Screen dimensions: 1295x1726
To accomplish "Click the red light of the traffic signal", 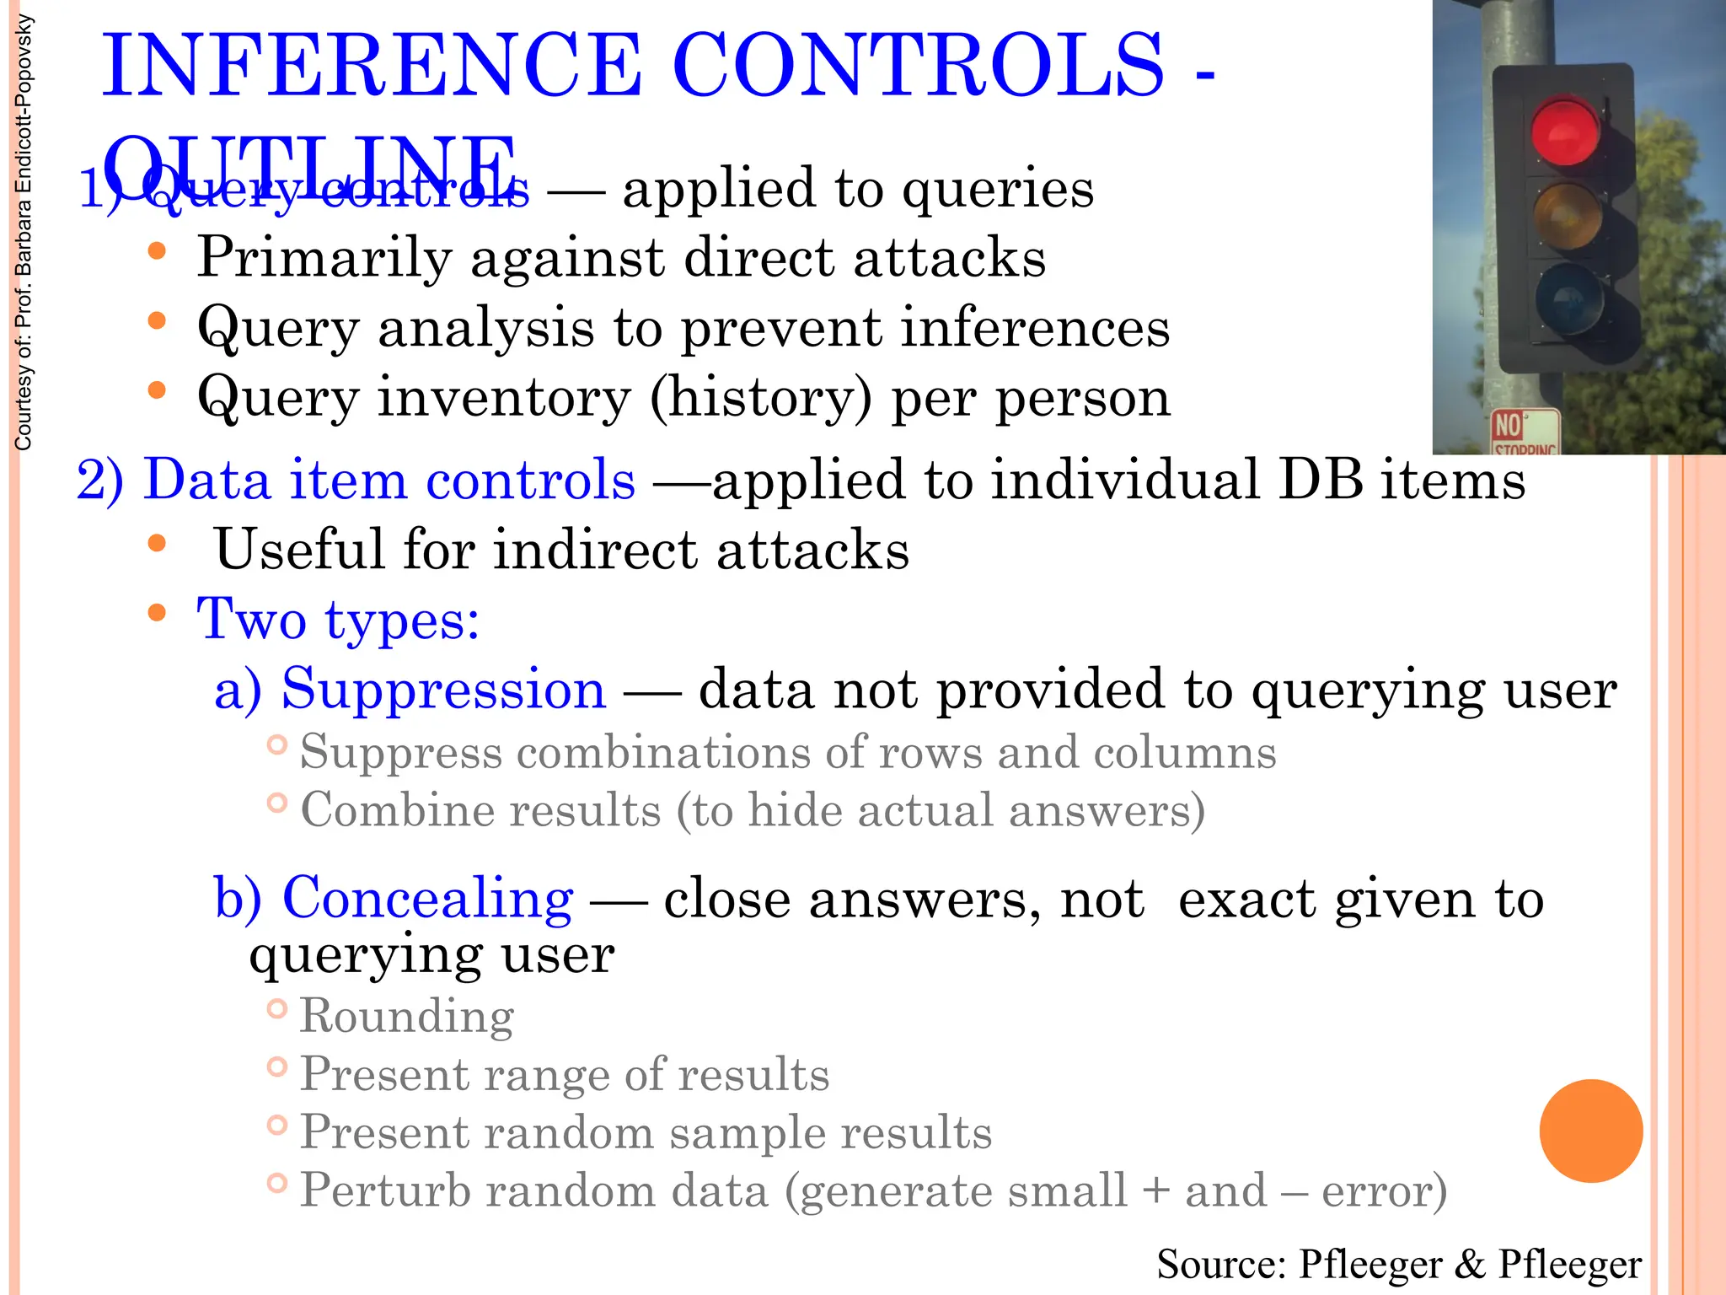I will coord(1565,132).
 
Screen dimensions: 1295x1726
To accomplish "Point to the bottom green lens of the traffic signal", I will coord(1568,299).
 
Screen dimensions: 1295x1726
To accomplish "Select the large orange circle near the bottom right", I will coord(1590,1131).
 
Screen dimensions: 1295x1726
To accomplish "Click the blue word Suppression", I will coord(443,689).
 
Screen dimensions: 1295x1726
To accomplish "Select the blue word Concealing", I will coord(427,898).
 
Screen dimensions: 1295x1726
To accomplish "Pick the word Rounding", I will coord(407,1016).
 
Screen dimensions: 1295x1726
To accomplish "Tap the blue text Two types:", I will coord(338,620).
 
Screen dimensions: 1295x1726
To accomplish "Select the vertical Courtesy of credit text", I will coord(24,232).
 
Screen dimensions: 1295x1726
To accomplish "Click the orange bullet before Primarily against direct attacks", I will coord(157,251).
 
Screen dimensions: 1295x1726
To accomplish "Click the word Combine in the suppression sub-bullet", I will coord(395,810).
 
